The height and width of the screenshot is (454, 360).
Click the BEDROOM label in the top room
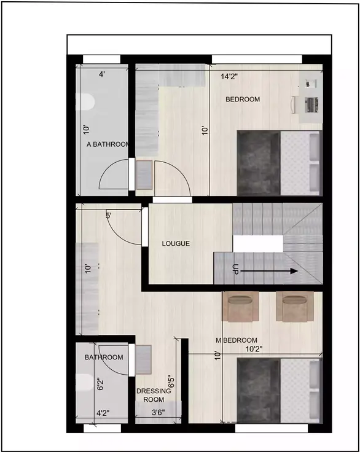[243, 100]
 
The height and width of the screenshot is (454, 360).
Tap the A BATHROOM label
[108, 145]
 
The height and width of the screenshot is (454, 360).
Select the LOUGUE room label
[176, 244]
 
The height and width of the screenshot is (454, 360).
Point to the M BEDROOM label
[237, 340]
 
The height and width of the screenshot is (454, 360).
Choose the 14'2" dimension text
[230, 77]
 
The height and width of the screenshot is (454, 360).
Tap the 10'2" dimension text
[255, 350]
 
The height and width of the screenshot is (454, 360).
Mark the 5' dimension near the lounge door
[108, 216]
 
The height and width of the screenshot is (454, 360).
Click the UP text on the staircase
[235, 269]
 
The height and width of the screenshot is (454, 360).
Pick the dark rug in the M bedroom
[258, 389]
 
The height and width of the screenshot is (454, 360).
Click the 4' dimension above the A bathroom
[102, 74]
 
